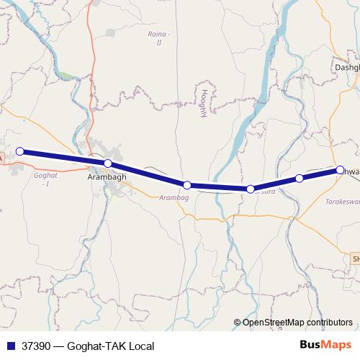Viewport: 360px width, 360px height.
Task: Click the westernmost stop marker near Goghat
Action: pyautogui.click(x=20, y=151)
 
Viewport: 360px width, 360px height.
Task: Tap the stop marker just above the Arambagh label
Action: pyautogui.click(x=107, y=163)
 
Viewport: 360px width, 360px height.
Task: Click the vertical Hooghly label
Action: pyautogui.click(x=204, y=104)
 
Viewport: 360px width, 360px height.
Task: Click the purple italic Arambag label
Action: pyautogui.click(x=173, y=197)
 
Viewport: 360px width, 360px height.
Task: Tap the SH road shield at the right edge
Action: pyautogui.click(x=355, y=258)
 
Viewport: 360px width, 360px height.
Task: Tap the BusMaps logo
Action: pyautogui.click(x=325, y=346)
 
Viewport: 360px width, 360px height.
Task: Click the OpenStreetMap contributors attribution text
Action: pyautogui.click(x=297, y=323)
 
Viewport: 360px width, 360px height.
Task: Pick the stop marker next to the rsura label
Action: pyautogui.click(x=251, y=189)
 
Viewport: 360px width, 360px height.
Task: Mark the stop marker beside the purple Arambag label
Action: pyautogui.click(x=186, y=185)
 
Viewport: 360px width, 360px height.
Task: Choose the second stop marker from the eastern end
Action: pyautogui.click(x=300, y=178)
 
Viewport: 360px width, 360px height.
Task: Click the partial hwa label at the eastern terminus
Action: pyautogui.click(x=351, y=171)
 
